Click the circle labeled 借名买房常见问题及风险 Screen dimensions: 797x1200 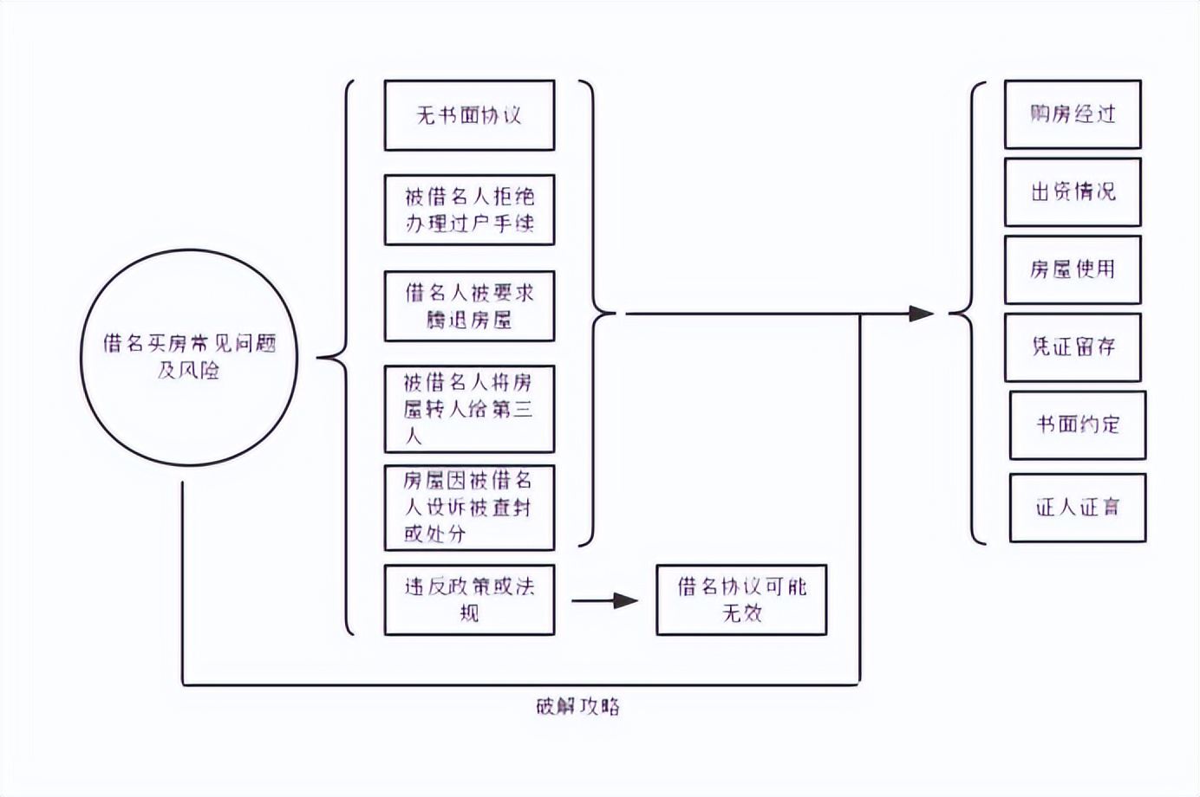189,357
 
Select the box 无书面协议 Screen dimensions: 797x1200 469,115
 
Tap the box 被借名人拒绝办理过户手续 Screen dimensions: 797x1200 469,211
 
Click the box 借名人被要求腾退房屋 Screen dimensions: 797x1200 469,307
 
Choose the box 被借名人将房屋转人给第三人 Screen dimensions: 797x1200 469,409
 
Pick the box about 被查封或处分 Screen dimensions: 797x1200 469,507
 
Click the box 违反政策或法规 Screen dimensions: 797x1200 469,599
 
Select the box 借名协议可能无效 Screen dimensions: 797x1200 741,599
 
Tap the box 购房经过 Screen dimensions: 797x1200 1073,114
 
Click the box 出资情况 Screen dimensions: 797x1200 1073,192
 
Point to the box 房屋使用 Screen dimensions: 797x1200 1073,269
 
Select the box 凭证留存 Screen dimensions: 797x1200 1073,347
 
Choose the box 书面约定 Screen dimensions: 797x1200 1078,424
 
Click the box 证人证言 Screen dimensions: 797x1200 1078,508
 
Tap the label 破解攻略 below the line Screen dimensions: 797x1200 577,706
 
